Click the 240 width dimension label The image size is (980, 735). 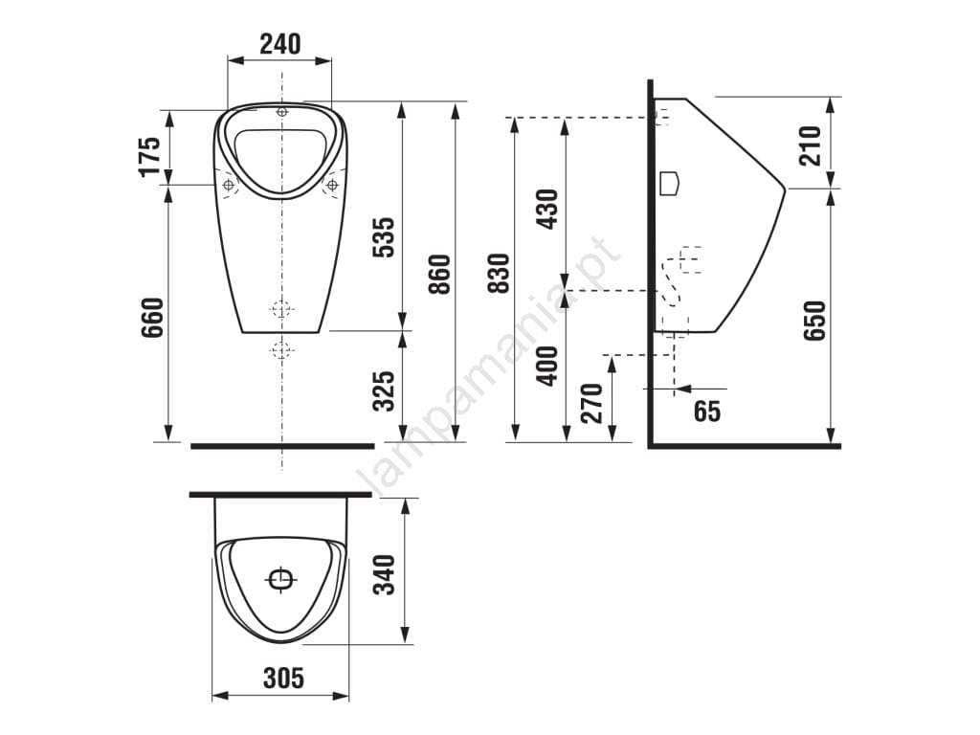pos(280,44)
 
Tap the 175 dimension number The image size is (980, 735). pos(150,156)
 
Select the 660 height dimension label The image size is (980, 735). pos(152,318)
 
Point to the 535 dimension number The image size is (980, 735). pos(384,237)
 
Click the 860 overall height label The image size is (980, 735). pos(439,275)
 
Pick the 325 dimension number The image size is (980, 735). pos(384,390)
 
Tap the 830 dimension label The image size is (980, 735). pos(499,273)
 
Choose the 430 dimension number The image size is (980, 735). pos(547,209)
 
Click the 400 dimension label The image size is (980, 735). pos(547,366)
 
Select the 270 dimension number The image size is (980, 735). pos(591,404)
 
